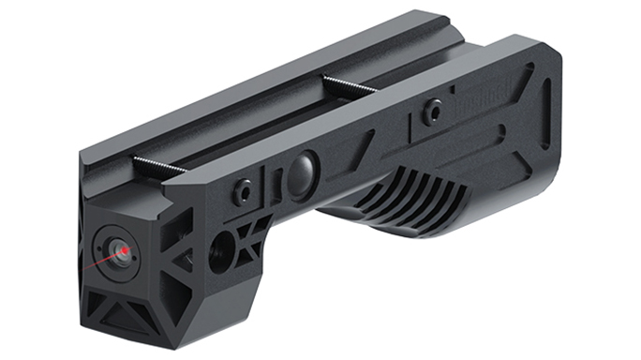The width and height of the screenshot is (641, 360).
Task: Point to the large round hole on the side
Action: coord(223,252)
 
